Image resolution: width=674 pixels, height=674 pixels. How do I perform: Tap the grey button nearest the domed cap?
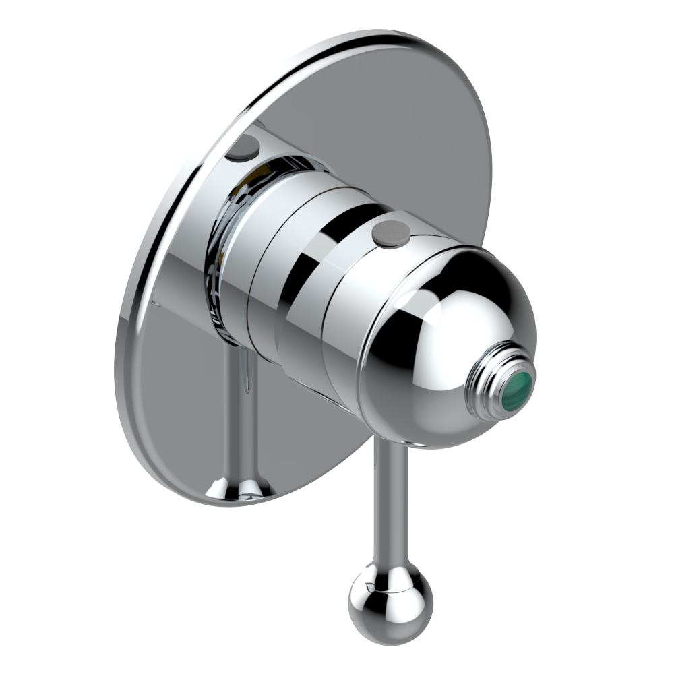(391, 232)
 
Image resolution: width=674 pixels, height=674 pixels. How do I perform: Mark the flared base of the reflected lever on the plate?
(239, 487)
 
